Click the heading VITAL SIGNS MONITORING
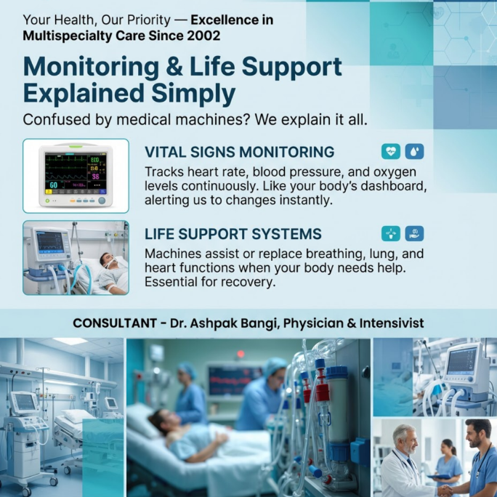coord(239,152)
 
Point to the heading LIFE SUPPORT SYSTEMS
coord(233,234)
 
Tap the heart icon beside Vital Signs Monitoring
coord(391,151)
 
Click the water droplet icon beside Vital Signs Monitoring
coord(414,151)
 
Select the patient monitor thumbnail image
coord(76,176)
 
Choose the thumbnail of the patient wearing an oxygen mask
coord(76,258)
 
